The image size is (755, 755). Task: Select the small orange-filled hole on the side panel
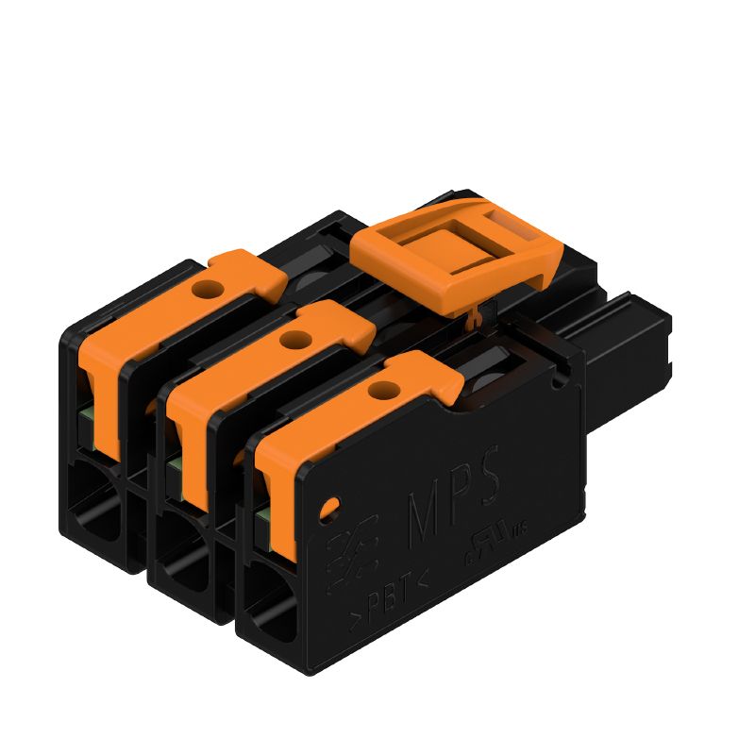click(328, 510)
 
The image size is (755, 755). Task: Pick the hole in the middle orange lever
click(297, 337)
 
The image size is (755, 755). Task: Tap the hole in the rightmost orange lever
click(382, 389)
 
